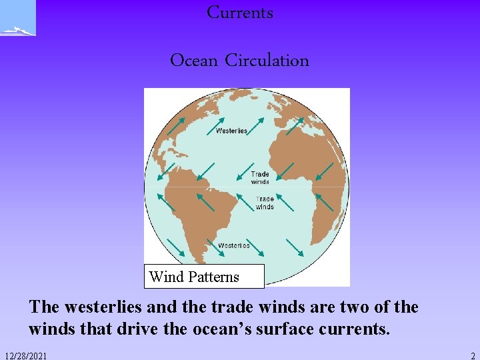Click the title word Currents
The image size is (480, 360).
[240, 13]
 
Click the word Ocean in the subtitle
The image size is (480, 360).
[194, 61]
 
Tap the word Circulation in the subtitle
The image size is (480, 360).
[267, 61]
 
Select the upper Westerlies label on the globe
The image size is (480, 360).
[231, 131]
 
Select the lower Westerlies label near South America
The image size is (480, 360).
[234, 245]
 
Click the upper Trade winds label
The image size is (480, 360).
[260, 178]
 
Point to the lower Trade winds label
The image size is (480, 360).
[265, 203]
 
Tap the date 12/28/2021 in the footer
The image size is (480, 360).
[25, 356]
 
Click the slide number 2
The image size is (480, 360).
[472, 356]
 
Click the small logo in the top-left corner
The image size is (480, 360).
[17, 19]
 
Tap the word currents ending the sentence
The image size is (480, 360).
[355, 329]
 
